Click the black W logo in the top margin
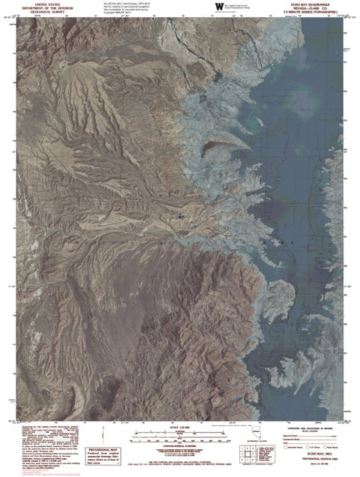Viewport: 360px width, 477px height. coord(219,6)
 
